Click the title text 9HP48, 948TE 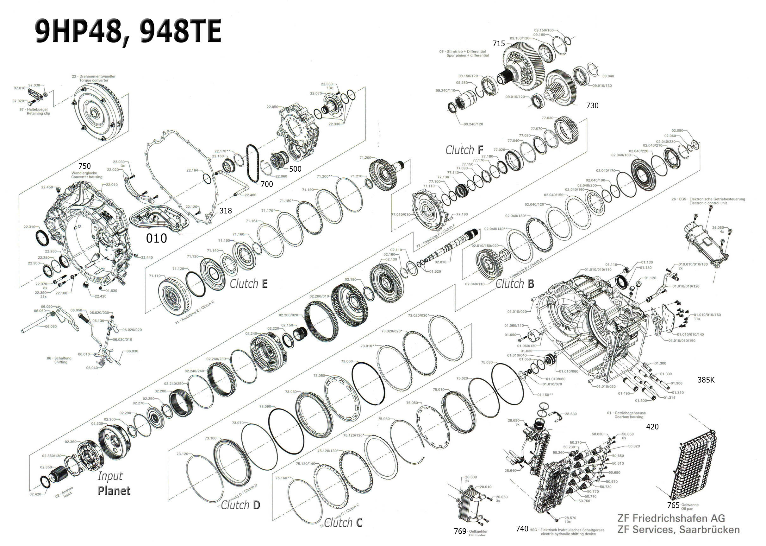(x=128, y=31)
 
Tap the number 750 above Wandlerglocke (x=84, y=166)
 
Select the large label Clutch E (x=248, y=284)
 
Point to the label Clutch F (x=464, y=150)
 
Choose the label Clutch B (x=514, y=284)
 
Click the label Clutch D (x=240, y=505)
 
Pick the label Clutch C (x=343, y=523)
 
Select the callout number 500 (x=295, y=169)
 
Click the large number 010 (x=156, y=238)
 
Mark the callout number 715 (x=499, y=44)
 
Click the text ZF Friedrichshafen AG (x=671, y=518)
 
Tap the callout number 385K (x=706, y=380)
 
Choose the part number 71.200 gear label (x=365, y=158)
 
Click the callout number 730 (x=592, y=105)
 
